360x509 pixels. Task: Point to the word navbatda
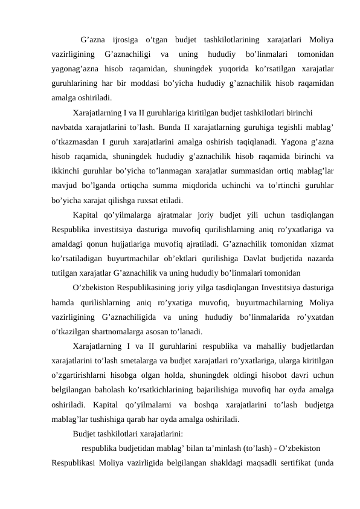tap(68, 128)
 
